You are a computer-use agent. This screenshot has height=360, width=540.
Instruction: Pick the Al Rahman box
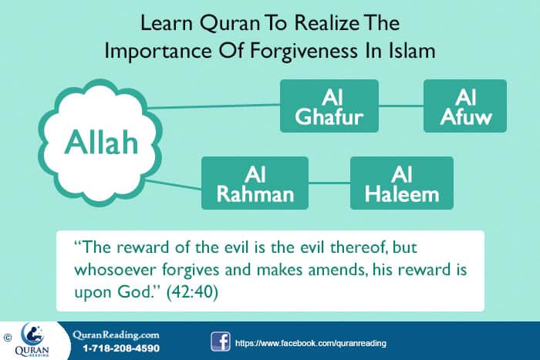254,183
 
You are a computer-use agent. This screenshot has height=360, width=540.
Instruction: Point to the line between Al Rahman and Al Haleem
329,183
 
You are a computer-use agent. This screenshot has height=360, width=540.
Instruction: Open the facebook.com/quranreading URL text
310,341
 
